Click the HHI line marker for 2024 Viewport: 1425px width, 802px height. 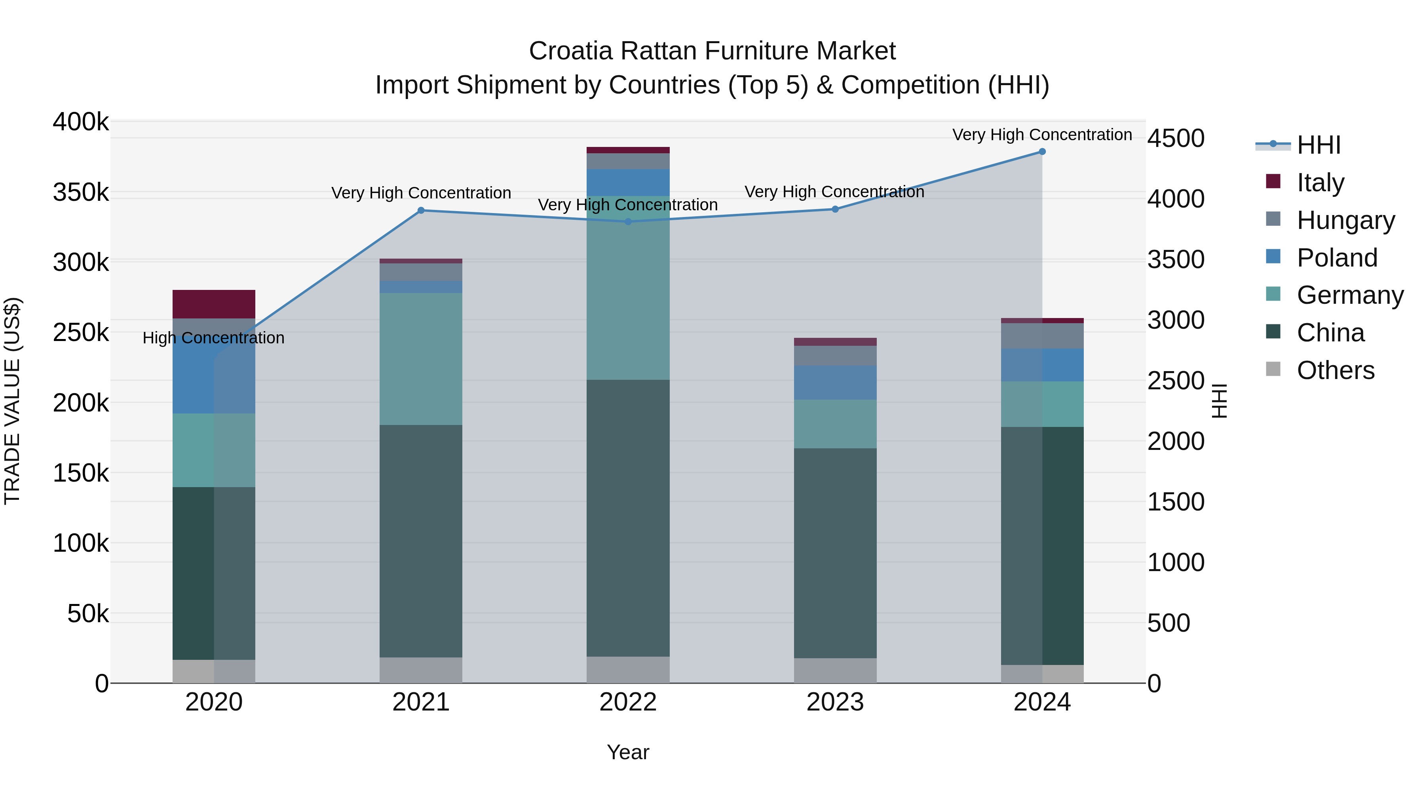1042,152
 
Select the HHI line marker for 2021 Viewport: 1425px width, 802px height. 421,210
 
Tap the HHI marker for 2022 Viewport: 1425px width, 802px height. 628,222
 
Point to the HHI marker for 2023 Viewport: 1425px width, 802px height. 835,209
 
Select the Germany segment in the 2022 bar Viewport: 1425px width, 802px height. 628,288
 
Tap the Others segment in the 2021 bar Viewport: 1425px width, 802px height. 421,670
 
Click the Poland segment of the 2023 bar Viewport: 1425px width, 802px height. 835,383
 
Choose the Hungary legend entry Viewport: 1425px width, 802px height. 1345,220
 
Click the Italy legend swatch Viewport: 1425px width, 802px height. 1273,181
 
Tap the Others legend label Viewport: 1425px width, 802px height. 1336,370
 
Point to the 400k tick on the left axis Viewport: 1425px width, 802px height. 81,122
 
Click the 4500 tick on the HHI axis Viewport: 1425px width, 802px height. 1176,138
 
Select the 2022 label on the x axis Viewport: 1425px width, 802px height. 628,702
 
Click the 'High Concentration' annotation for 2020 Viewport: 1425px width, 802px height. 213,337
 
